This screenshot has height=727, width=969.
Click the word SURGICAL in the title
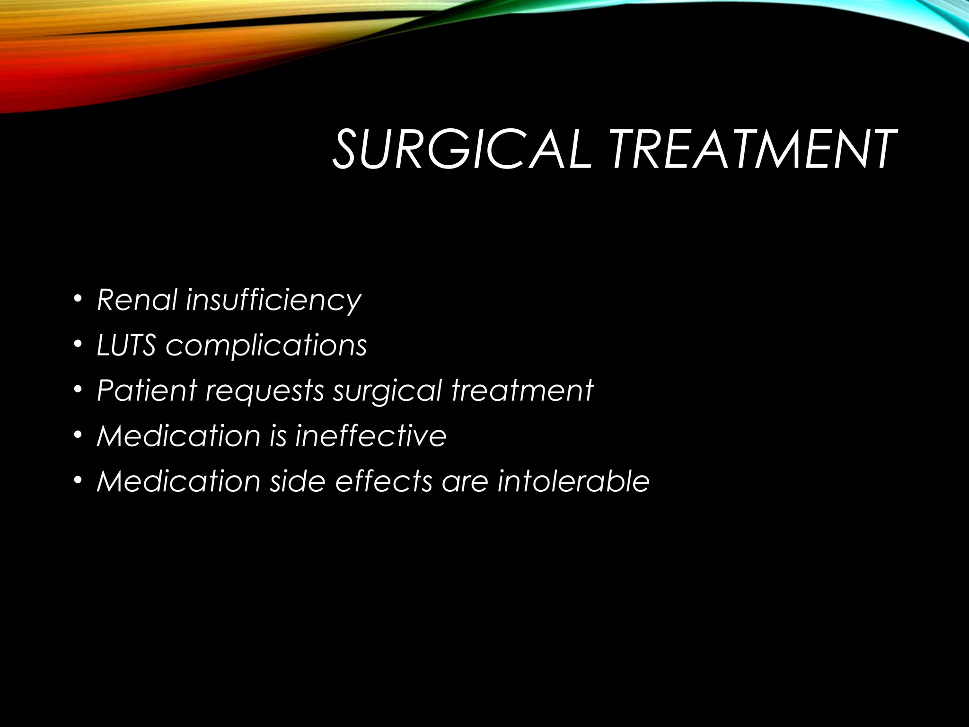pos(461,150)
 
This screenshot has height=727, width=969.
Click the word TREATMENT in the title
pos(752,150)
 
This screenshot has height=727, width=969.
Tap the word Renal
pos(137,300)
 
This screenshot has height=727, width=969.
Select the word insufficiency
pos(273,301)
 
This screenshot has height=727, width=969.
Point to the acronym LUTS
pos(126,345)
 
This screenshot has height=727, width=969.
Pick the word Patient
pos(147,390)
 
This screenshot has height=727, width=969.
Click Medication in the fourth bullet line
pos(178,435)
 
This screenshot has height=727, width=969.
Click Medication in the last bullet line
pos(178,481)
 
